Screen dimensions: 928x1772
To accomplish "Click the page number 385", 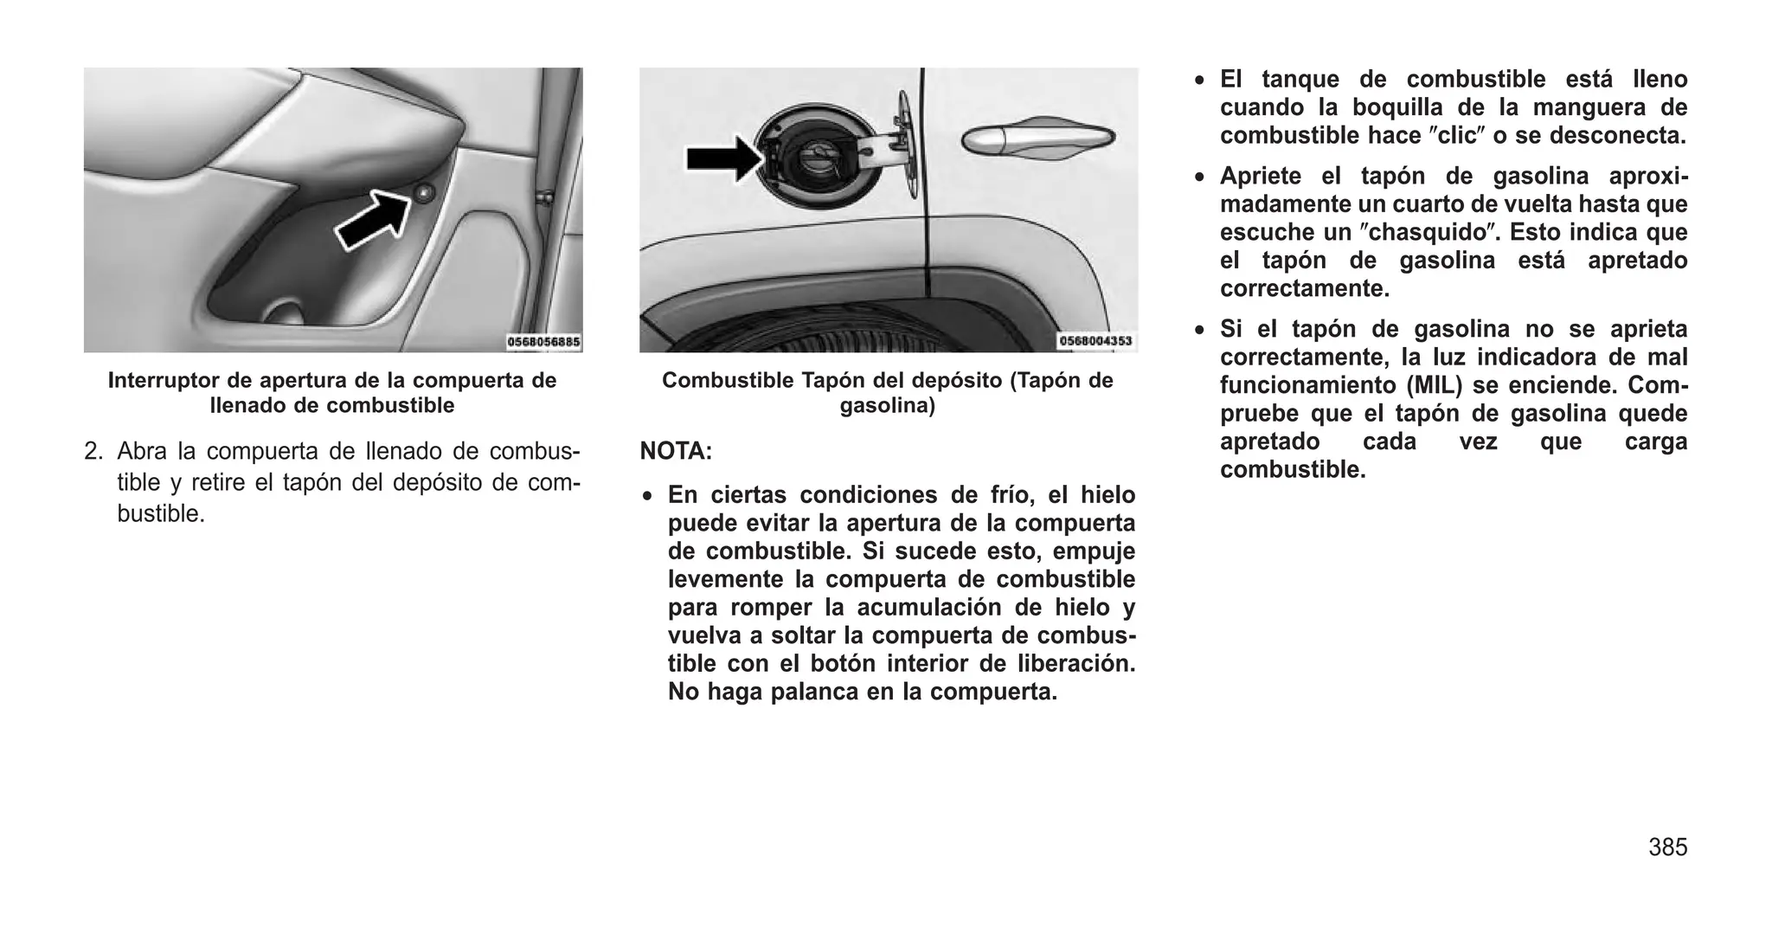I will (1667, 847).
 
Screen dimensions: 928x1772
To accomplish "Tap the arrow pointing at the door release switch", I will (373, 222).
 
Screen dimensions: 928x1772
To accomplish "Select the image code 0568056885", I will (543, 342).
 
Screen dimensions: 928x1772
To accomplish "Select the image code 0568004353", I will (1095, 341).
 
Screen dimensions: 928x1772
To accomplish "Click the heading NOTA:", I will (676, 451).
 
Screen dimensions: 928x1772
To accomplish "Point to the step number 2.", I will (93, 452).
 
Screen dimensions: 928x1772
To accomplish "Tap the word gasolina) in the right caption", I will (888, 405).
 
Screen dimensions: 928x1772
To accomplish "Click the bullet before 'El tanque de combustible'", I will (1199, 81).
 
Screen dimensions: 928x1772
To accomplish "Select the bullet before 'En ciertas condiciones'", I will (647, 496).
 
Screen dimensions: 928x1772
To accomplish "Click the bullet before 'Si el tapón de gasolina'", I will (1199, 330).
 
